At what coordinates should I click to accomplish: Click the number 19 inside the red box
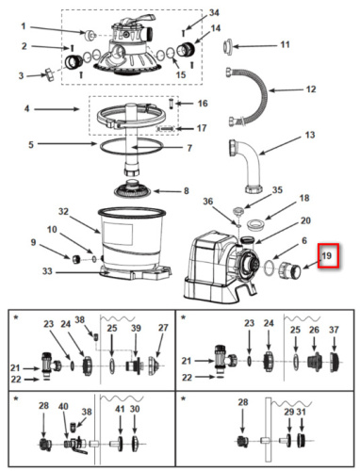tap(327, 255)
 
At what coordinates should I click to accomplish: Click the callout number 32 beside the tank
tap(63, 211)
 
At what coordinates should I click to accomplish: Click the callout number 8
tap(187, 190)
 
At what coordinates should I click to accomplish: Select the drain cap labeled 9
tap(75, 259)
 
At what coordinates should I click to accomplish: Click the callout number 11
tap(285, 44)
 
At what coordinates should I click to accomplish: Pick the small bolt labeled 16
tap(171, 104)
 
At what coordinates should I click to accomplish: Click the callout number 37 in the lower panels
tap(334, 330)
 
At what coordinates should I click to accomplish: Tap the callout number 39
tap(136, 328)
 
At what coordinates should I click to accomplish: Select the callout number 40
tap(63, 406)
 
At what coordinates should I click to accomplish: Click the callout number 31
tap(302, 412)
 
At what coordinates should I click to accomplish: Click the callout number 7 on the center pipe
tap(189, 148)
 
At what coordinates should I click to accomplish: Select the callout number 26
tap(314, 330)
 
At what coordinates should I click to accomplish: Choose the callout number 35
tap(277, 189)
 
